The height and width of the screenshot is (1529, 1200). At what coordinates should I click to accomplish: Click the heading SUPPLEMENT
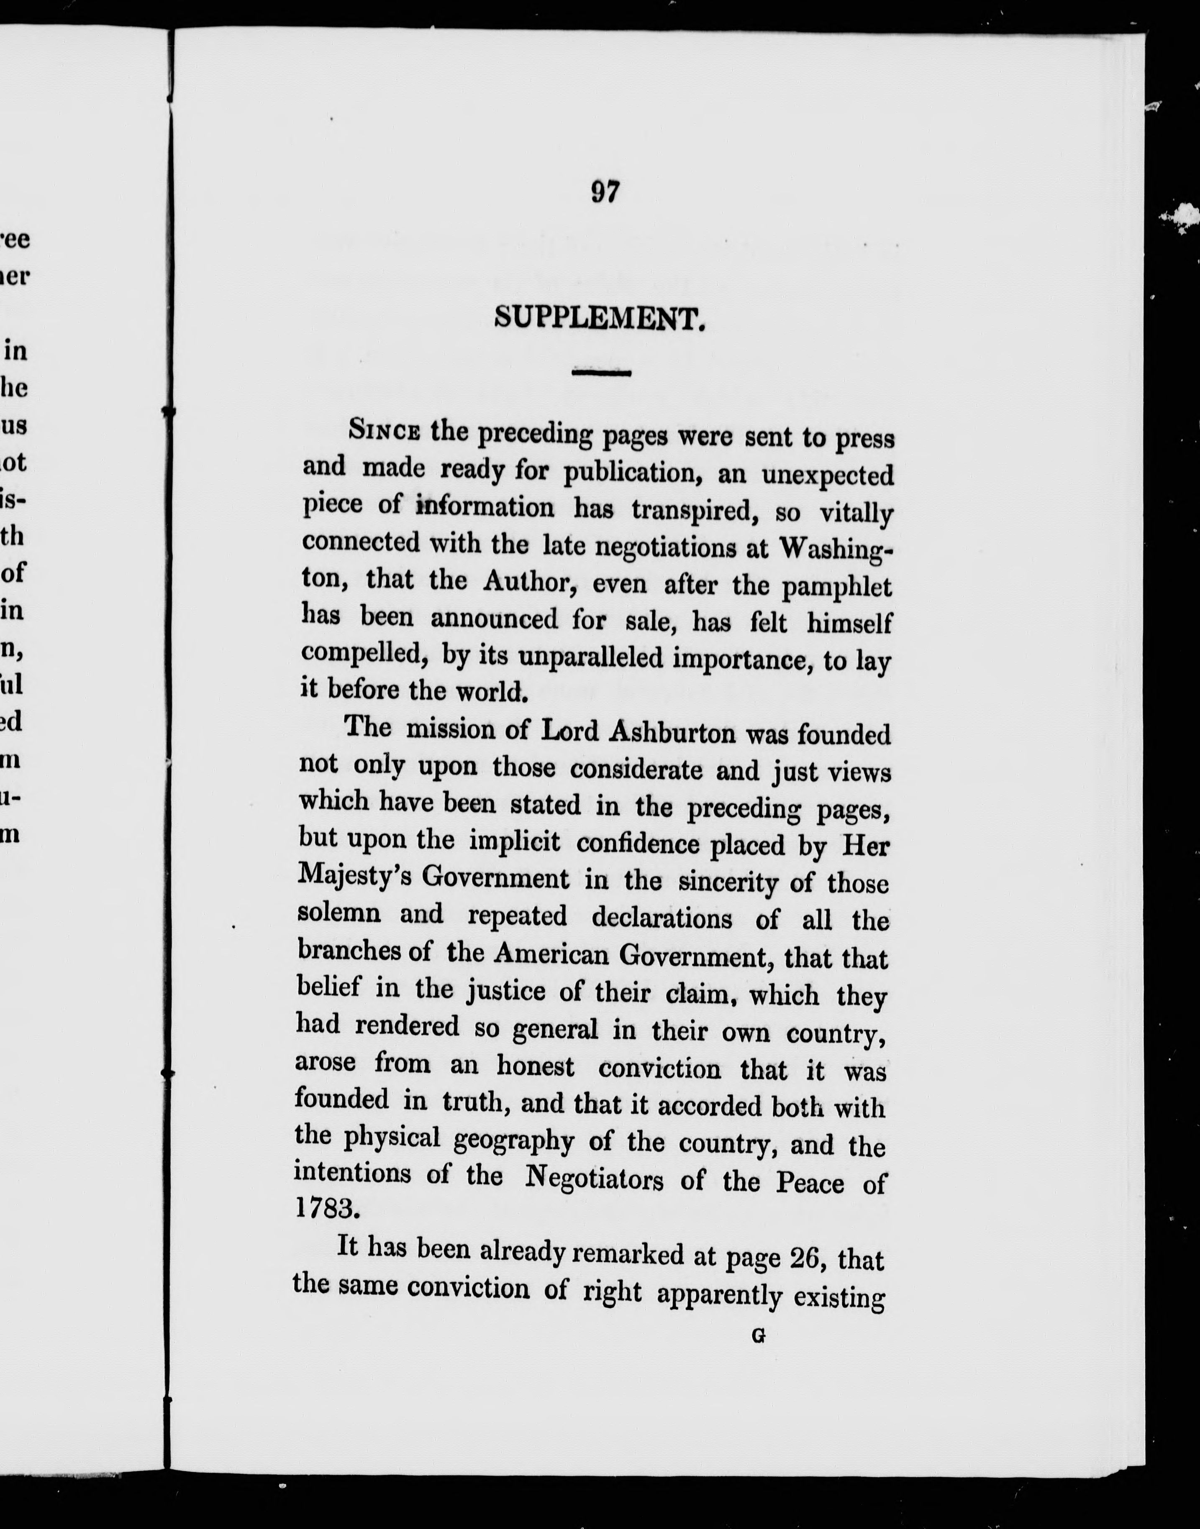[x=599, y=320]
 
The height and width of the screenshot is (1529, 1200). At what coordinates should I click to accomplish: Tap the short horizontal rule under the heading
[x=601, y=373]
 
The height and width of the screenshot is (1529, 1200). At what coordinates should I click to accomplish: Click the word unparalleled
[x=591, y=657]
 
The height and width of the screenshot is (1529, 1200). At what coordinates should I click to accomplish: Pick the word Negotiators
[x=595, y=1178]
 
